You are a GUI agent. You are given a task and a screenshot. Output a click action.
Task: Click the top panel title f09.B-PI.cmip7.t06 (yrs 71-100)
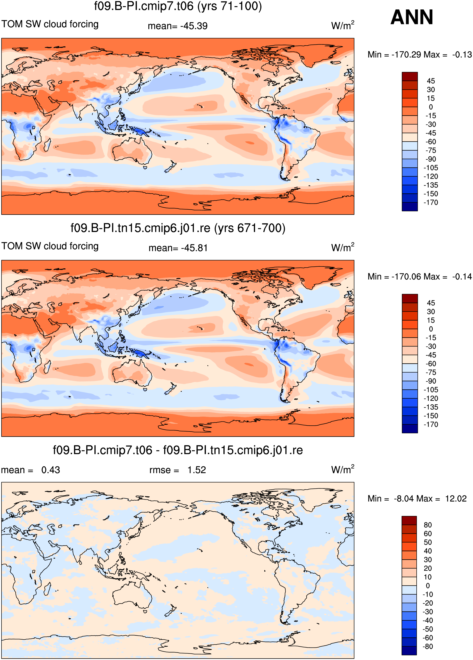[x=178, y=6]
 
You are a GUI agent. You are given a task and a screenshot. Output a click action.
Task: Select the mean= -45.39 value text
[x=178, y=26]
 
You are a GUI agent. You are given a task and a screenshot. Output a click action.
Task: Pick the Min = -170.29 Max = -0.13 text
[x=419, y=54]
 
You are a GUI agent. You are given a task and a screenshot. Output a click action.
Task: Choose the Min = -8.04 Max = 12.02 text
[x=417, y=499]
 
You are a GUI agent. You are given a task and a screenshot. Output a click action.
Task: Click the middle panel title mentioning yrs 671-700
[x=178, y=228]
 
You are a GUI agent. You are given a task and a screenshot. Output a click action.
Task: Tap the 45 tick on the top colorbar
[x=431, y=81]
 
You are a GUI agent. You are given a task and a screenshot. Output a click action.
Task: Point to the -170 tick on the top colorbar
[x=431, y=202]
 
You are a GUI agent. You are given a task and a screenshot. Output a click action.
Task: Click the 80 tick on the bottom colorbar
[x=428, y=525]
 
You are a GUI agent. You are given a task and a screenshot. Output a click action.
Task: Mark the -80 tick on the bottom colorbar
[x=428, y=646]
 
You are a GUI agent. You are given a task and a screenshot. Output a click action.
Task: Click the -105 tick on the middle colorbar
[x=431, y=390]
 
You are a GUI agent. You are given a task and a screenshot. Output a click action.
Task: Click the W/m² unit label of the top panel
[x=343, y=25]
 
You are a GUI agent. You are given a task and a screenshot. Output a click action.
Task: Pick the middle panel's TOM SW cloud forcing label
[x=50, y=246]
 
